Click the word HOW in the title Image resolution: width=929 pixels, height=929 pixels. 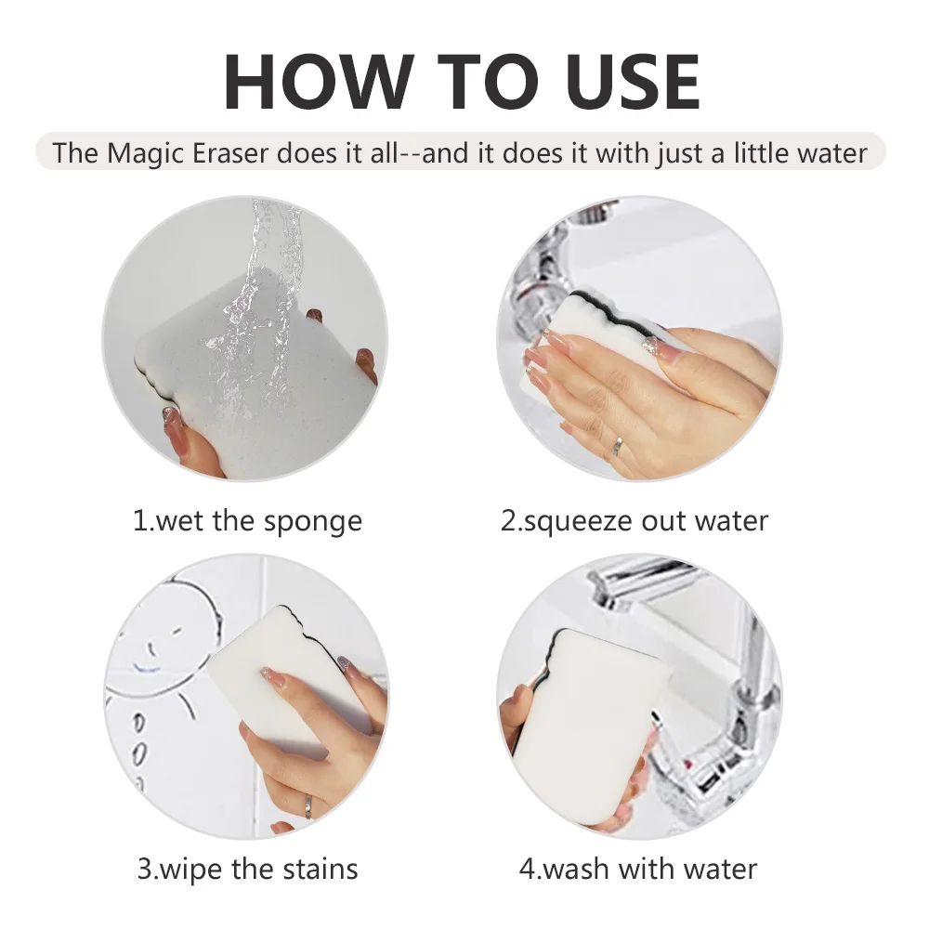tap(317, 82)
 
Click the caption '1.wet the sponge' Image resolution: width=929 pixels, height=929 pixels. tap(248, 522)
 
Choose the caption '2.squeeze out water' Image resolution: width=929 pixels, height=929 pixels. tap(635, 521)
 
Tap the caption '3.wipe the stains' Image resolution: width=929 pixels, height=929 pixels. tap(248, 870)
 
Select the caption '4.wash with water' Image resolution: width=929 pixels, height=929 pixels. tap(638, 870)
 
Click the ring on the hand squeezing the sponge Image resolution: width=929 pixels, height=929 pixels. tap(619, 447)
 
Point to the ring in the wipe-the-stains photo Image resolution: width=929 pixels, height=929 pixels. tap(308, 806)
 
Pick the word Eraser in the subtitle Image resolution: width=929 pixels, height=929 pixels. tap(229, 153)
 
